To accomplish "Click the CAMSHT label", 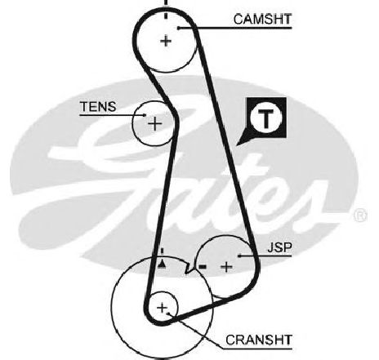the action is pos(262,20).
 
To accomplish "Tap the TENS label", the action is pos(98,107).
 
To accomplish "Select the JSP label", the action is pos(279,247).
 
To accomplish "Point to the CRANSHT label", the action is pos(259,340).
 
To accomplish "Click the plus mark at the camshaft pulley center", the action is pos(166,42).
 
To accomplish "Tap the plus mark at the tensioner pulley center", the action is pos(155,124).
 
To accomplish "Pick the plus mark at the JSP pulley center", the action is pos(226,267).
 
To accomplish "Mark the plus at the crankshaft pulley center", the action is pos(163,308).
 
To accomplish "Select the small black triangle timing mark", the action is pos(162,264).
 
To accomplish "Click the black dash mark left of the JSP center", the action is pos(203,267).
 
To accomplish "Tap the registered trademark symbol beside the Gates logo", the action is pos(360,216).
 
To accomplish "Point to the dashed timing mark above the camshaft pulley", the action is pos(166,10).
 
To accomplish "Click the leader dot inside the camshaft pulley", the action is pos(179,28).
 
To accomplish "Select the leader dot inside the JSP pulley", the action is pos(239,256).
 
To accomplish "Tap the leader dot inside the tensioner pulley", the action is pos(145,115).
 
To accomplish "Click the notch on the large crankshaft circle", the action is pos(189,268).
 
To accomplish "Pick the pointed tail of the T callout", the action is pos(238,144).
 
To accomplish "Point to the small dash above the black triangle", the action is pos(162,251).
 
